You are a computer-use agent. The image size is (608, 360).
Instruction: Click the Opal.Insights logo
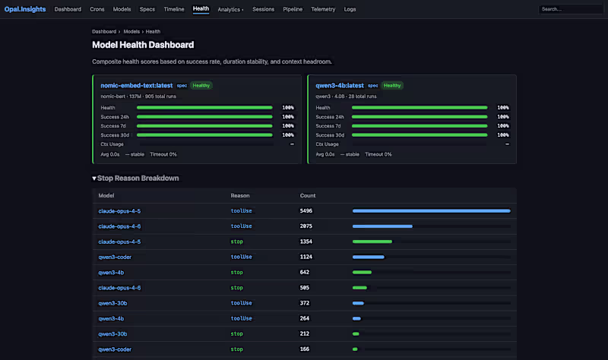pyautogui.click(x=25, y=9)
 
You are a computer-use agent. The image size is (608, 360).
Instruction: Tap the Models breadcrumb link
pyautogui.click(x=131, y=31)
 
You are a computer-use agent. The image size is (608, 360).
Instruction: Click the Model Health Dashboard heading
pyautogui.click(x=143, y=45)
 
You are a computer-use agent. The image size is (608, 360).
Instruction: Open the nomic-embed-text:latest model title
pyautogui.click(x=136, y=85)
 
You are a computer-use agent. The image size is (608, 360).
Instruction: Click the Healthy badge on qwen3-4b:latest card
pyautogui.click(x=392, y=85)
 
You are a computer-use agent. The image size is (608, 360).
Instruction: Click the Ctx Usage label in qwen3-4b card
pyautogui.click(x=327, y=144)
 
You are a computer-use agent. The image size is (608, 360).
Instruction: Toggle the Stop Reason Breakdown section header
pyautogui.click(x=135, y=178)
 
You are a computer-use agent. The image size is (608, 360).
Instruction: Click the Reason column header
pyautogui.click(x=240, y=195)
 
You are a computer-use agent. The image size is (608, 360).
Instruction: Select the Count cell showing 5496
pyautogui.click(x=306, y=210)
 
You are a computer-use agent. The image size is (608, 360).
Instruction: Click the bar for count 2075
pyautogui.click(x=382, y=226)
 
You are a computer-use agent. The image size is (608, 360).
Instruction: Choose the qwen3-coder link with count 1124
pyautogui.click(x=114, y=257)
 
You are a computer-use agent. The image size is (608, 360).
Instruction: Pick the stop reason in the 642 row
pyautogui.click(x=236, y=272)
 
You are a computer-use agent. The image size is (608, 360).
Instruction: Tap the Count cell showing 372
pyautogui.click(x=304, y=303)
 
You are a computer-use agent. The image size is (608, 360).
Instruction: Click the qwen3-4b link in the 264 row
pyautogui.click(x=111, y=318)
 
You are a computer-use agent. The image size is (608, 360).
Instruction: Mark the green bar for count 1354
pyautogui.click(x=372, y=242)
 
